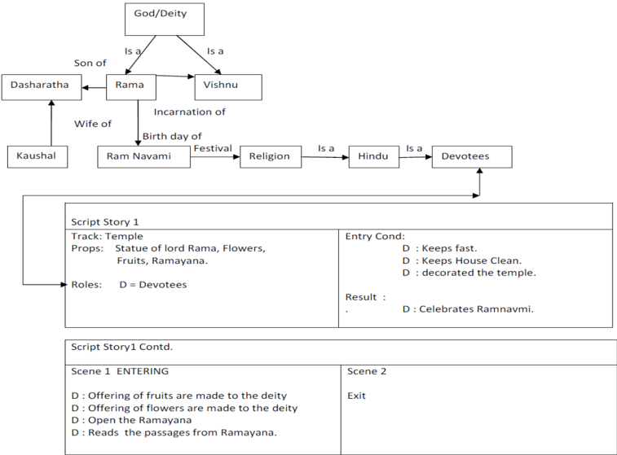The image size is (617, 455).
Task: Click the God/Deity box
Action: click(165, 20)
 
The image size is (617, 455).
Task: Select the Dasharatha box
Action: click(42, 87)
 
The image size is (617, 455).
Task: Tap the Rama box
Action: click(131, 87)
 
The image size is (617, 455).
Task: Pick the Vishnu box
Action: click(228, 87)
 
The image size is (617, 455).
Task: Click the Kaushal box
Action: click(37, 157)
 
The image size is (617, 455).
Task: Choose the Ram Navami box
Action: click(144, 157)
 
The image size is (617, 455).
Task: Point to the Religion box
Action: click(271, 157)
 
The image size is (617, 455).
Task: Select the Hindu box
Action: click(374, 157)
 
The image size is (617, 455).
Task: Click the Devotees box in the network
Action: click(472, 157)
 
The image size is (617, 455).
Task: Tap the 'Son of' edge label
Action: click(90, 63)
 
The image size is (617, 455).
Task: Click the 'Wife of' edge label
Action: click(93, 124)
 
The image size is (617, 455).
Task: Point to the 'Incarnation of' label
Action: click(190, 112)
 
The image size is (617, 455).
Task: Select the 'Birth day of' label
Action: click(172, 137)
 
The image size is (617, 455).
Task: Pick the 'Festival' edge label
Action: click(213, 148)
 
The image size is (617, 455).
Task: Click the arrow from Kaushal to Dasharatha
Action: click(51, 123)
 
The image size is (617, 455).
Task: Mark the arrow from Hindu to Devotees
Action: click(416, 157)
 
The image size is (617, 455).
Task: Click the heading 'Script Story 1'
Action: click(105, 222)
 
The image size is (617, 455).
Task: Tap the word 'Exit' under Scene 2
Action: click(356, 396)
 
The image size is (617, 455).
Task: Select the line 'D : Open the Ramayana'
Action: click(131, 420)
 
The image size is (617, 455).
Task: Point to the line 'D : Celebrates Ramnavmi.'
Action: click(469, 309)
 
